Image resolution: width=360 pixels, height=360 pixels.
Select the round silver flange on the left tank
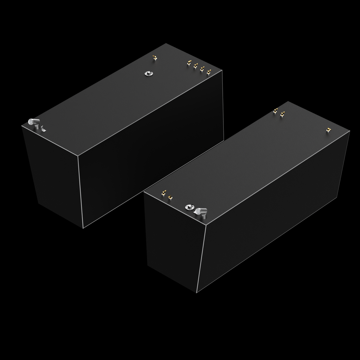pos(148,73)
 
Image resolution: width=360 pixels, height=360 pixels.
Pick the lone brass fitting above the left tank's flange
pos(154,59)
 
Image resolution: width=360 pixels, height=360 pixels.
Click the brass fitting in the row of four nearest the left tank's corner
pos(209,72)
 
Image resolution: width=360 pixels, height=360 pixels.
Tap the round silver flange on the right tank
pos(189,207)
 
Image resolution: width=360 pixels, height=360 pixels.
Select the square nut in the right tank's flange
pos(189,207)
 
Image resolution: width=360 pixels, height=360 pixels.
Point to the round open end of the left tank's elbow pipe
pos(31,122)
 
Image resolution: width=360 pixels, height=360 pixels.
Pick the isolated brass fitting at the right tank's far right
pos(328,130)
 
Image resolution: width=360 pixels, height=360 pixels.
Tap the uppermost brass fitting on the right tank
pos(275,110)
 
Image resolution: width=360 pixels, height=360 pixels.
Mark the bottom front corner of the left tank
pos(83,228)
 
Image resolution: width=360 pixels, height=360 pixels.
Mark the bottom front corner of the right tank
pos(197,293)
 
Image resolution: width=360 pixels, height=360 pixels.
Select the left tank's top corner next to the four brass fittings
pos(222,71)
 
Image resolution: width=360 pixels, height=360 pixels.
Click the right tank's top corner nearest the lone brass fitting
pos(350,131)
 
